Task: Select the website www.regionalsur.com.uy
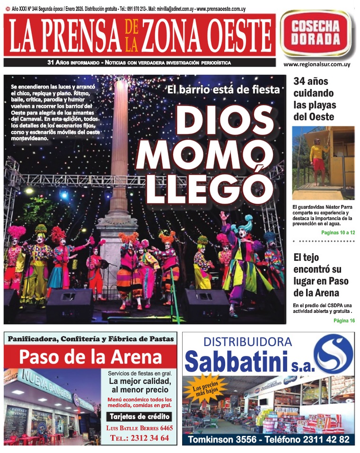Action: coord(316,64)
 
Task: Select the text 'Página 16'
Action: coord(344,320)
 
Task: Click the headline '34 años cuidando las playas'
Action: coord(314,99)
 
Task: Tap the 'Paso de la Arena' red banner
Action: coord(90,356)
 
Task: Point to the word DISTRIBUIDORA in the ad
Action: coord(247,342)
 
